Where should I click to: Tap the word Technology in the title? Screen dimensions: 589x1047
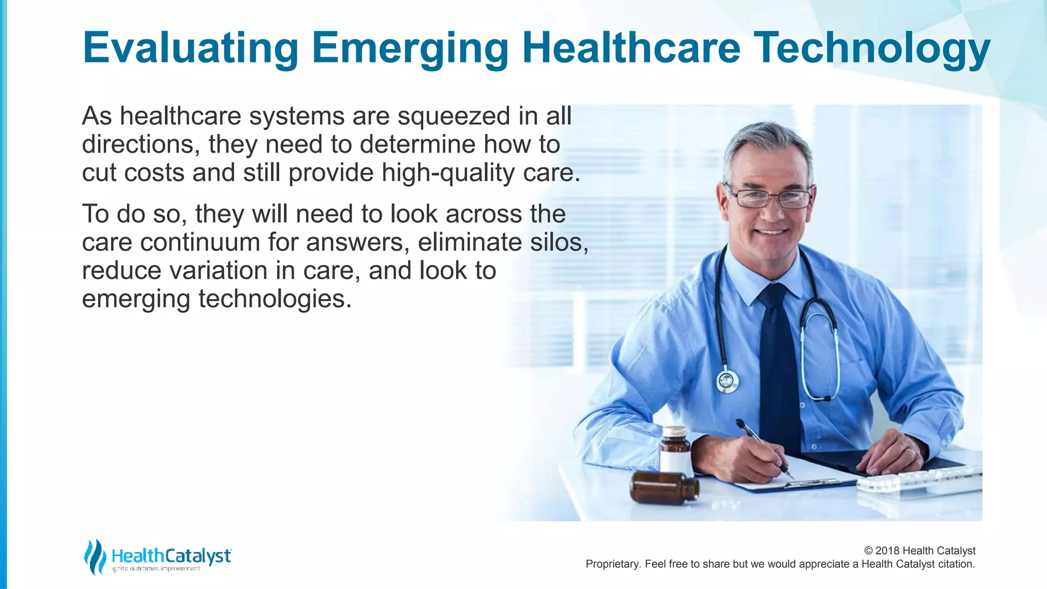[872, 48]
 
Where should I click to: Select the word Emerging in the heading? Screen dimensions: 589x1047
[409, 48]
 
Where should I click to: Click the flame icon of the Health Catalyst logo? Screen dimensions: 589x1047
[95, 556]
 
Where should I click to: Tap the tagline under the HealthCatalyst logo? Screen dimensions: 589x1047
[156, 569]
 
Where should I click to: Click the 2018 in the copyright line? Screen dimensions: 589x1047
[887, 551]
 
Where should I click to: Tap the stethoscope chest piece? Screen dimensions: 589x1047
[727, 381]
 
